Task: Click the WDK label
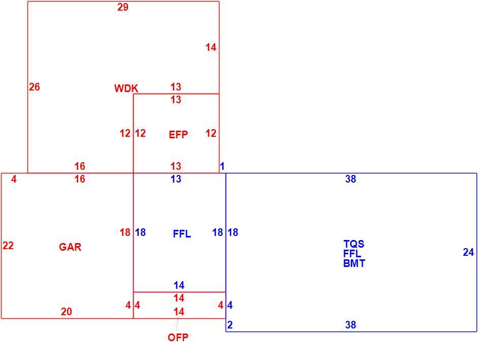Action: (126, 88)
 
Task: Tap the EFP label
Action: (178, 135)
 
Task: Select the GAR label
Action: (70, 247)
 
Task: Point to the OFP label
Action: (178, 338)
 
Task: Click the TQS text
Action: (354, 244)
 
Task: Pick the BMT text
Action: (354, 263)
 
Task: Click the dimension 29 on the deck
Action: (123, 7)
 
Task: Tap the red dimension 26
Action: (35, 87)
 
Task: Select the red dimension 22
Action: (8, 246)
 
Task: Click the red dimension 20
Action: (67, 312)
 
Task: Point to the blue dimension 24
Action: (468, 252)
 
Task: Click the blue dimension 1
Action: (222, 166)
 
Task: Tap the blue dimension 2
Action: (230, 325)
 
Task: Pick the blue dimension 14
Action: (179, 285)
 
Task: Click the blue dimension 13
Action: (176, 179)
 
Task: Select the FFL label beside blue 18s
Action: (182, 234)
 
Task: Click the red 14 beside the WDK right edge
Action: (211, 47)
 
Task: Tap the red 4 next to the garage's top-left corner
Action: (14, 179)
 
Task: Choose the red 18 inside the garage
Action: (125, 232)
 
